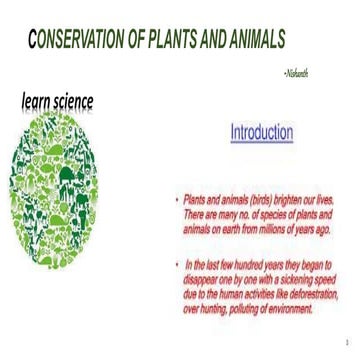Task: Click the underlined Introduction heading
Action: point(261,132)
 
